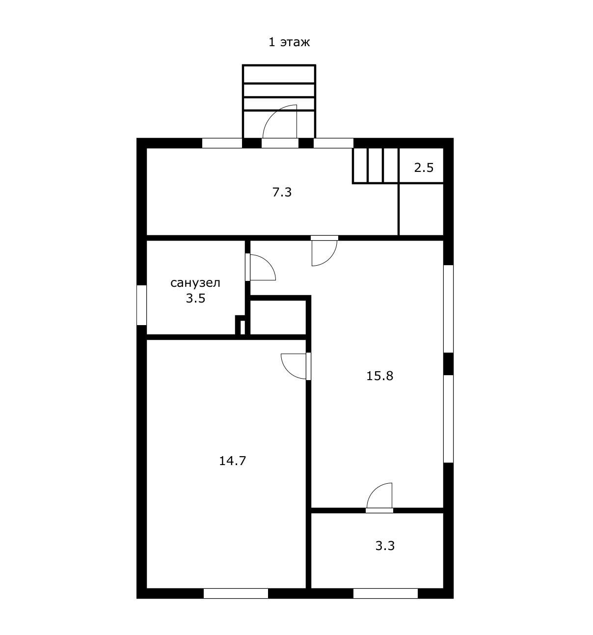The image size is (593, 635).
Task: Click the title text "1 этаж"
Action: click(289, 42)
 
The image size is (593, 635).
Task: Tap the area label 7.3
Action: click(282, 193)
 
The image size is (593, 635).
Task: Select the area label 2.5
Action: click(424, 168)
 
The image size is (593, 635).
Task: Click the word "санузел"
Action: click(195, 283)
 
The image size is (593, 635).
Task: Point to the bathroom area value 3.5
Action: click(195, 298)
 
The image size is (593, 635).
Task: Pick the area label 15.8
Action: click(379, 376)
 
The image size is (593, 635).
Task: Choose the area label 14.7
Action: click(232, 461)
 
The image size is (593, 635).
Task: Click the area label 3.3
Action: click(385, 546)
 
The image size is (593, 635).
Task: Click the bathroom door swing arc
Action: click(268, 262)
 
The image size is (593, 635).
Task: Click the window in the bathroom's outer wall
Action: click(141, 305)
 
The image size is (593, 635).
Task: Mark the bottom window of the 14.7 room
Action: click(236, 593)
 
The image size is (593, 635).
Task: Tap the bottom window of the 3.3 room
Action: click(385, 593)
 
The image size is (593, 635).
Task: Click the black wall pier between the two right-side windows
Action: click(449, 364)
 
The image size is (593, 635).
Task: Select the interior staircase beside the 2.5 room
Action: click(376, 166)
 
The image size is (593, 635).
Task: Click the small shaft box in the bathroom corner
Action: click(241, 326)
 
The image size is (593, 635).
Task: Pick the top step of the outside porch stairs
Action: click(279, 74)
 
